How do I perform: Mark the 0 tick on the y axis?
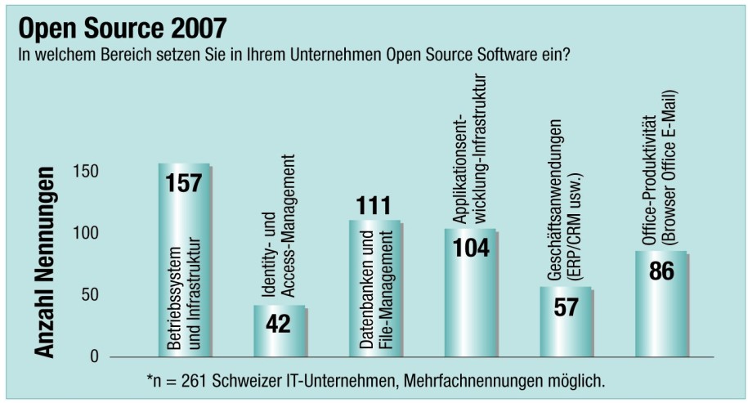point(96,356)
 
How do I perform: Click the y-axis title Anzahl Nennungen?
point(46,262)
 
